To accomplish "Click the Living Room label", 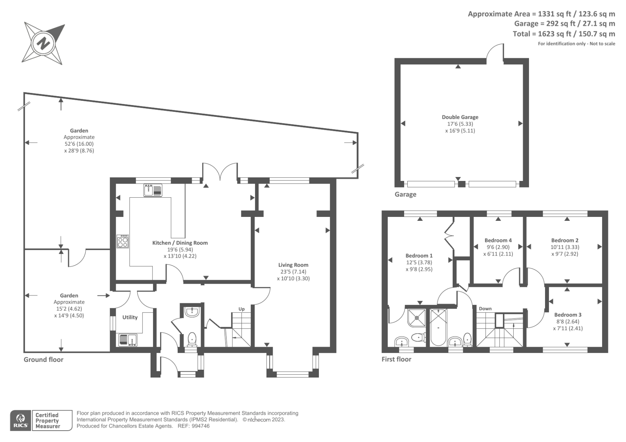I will pos(293,265).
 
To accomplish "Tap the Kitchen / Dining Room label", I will pos(180,243).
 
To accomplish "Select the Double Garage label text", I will pos(460,117).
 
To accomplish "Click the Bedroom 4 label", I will pos(498,240).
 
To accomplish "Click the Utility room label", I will pos(130,317).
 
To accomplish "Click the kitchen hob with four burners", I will pos(123,241).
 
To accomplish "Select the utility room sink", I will pos(128,340).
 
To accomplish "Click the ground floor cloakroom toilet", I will pos(192,338).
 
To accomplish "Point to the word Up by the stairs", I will pos(241,309).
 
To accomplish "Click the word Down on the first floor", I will pos(485,308).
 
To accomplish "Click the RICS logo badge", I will pos(20,421).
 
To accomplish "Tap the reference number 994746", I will pos(200,426).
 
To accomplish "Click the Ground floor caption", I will pos(43,360).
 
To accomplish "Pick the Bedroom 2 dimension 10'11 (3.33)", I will pos(565,247).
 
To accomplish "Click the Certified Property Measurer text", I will pos(47,421).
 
